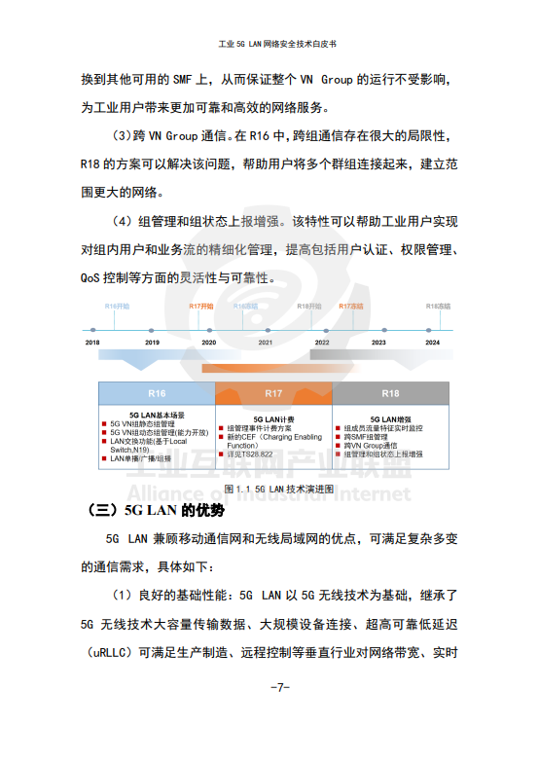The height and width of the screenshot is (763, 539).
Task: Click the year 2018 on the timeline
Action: coord(92,343)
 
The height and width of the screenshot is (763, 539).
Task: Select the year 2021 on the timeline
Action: coord(265,343)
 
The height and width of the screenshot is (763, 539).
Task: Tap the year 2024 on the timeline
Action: coord(433,343)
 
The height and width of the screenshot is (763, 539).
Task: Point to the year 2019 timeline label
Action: coord(152,343)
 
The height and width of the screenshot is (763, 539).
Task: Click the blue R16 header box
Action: coord(157,393)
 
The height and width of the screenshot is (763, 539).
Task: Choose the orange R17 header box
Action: coord(273,393)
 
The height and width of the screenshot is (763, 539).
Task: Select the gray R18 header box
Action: coord(390,393)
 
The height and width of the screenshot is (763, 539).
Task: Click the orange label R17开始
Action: coord(200,307)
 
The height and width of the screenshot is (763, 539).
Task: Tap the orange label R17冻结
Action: coord(350,307)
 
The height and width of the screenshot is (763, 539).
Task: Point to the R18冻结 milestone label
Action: coord(439,307)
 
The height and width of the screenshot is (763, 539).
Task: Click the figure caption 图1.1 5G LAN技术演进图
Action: coord(278,488)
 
